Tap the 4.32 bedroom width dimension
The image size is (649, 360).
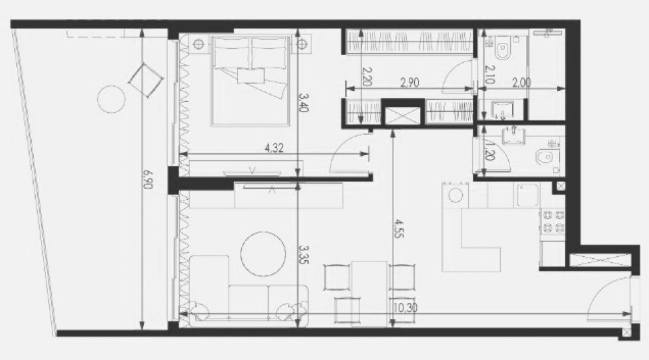pos(274,148)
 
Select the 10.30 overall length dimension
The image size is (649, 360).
pos(406,308)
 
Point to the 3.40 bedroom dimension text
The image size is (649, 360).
pos(304,102)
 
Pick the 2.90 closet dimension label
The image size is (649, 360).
pos(410,82)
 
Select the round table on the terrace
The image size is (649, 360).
pos(112,99)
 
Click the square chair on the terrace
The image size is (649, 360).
pos(145,80)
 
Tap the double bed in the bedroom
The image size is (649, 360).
pos(250,80)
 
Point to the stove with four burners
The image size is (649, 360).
pos(553,222)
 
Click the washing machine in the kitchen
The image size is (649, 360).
pos(456,195)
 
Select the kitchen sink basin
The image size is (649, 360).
pos(527,195)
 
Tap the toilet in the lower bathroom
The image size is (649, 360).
pos(546,157)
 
